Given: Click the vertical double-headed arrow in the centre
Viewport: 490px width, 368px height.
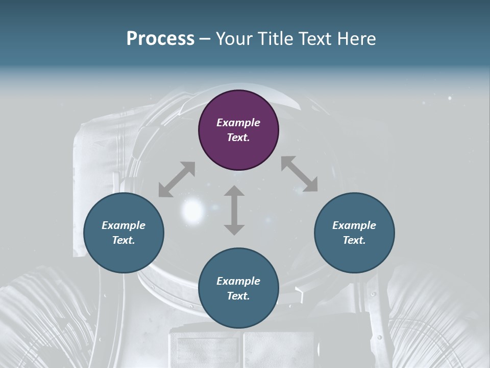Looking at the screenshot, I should pyautogui.click(x=234, y=210).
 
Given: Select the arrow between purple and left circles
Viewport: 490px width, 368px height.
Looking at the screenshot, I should pyautogui.click(x=177, y=179).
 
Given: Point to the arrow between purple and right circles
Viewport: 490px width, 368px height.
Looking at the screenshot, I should pyautogui.click(x=299, y=174).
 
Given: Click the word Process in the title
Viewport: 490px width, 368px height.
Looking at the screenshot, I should pyautogui.click(x=160, y=38).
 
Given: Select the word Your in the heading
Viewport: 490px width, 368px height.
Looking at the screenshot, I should pyautogui.click(x=235, y=38).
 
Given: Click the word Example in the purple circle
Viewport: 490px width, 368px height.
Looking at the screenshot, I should pyautogui.click(x=238, y=123).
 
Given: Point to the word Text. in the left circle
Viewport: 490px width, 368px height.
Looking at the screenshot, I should pyautogui.click(x=124, y=240).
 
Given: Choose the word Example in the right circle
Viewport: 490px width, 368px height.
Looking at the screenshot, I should pyautogui.click(x=354, y=225).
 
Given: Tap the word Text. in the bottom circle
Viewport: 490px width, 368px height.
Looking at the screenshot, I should pyautogui.click(x=238, y=296).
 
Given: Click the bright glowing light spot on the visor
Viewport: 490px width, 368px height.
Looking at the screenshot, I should pyautogui.click(x=192, y=208).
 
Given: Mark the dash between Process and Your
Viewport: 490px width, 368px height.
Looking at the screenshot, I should pyautogui.click(x=205, y=39).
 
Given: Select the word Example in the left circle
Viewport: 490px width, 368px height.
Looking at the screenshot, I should pyautogui.click(x=124, y=225).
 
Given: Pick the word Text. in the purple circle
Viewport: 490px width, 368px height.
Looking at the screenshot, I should pyautogui.click(x=238, y=137).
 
